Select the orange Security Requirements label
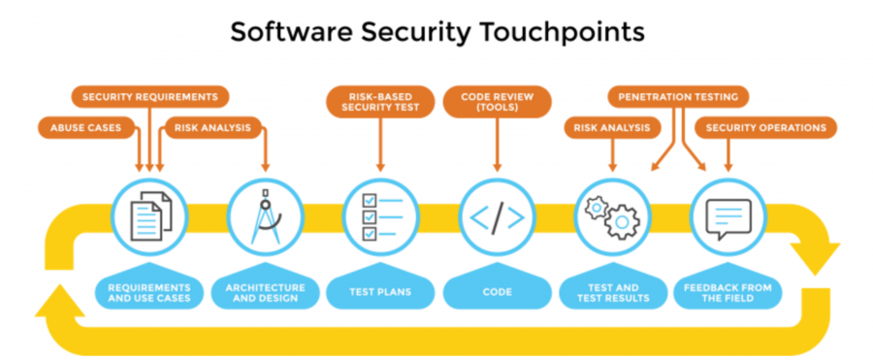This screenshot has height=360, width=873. click(151, 97)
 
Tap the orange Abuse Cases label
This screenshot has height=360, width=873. click(85, 127)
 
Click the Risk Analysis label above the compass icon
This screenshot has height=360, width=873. click(209, 127)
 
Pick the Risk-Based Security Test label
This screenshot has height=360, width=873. click(378, 103)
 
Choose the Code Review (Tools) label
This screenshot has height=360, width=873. click(497, 103)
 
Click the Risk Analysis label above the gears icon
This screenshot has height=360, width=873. click(612, 127)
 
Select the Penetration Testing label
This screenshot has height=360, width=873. click(679, 97)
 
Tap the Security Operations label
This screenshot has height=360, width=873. click(765, 127)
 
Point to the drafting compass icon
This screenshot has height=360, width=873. click(263, 213)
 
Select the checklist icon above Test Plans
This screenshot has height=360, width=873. click(378, 213)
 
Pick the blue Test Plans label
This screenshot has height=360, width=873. click(378, 289)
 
